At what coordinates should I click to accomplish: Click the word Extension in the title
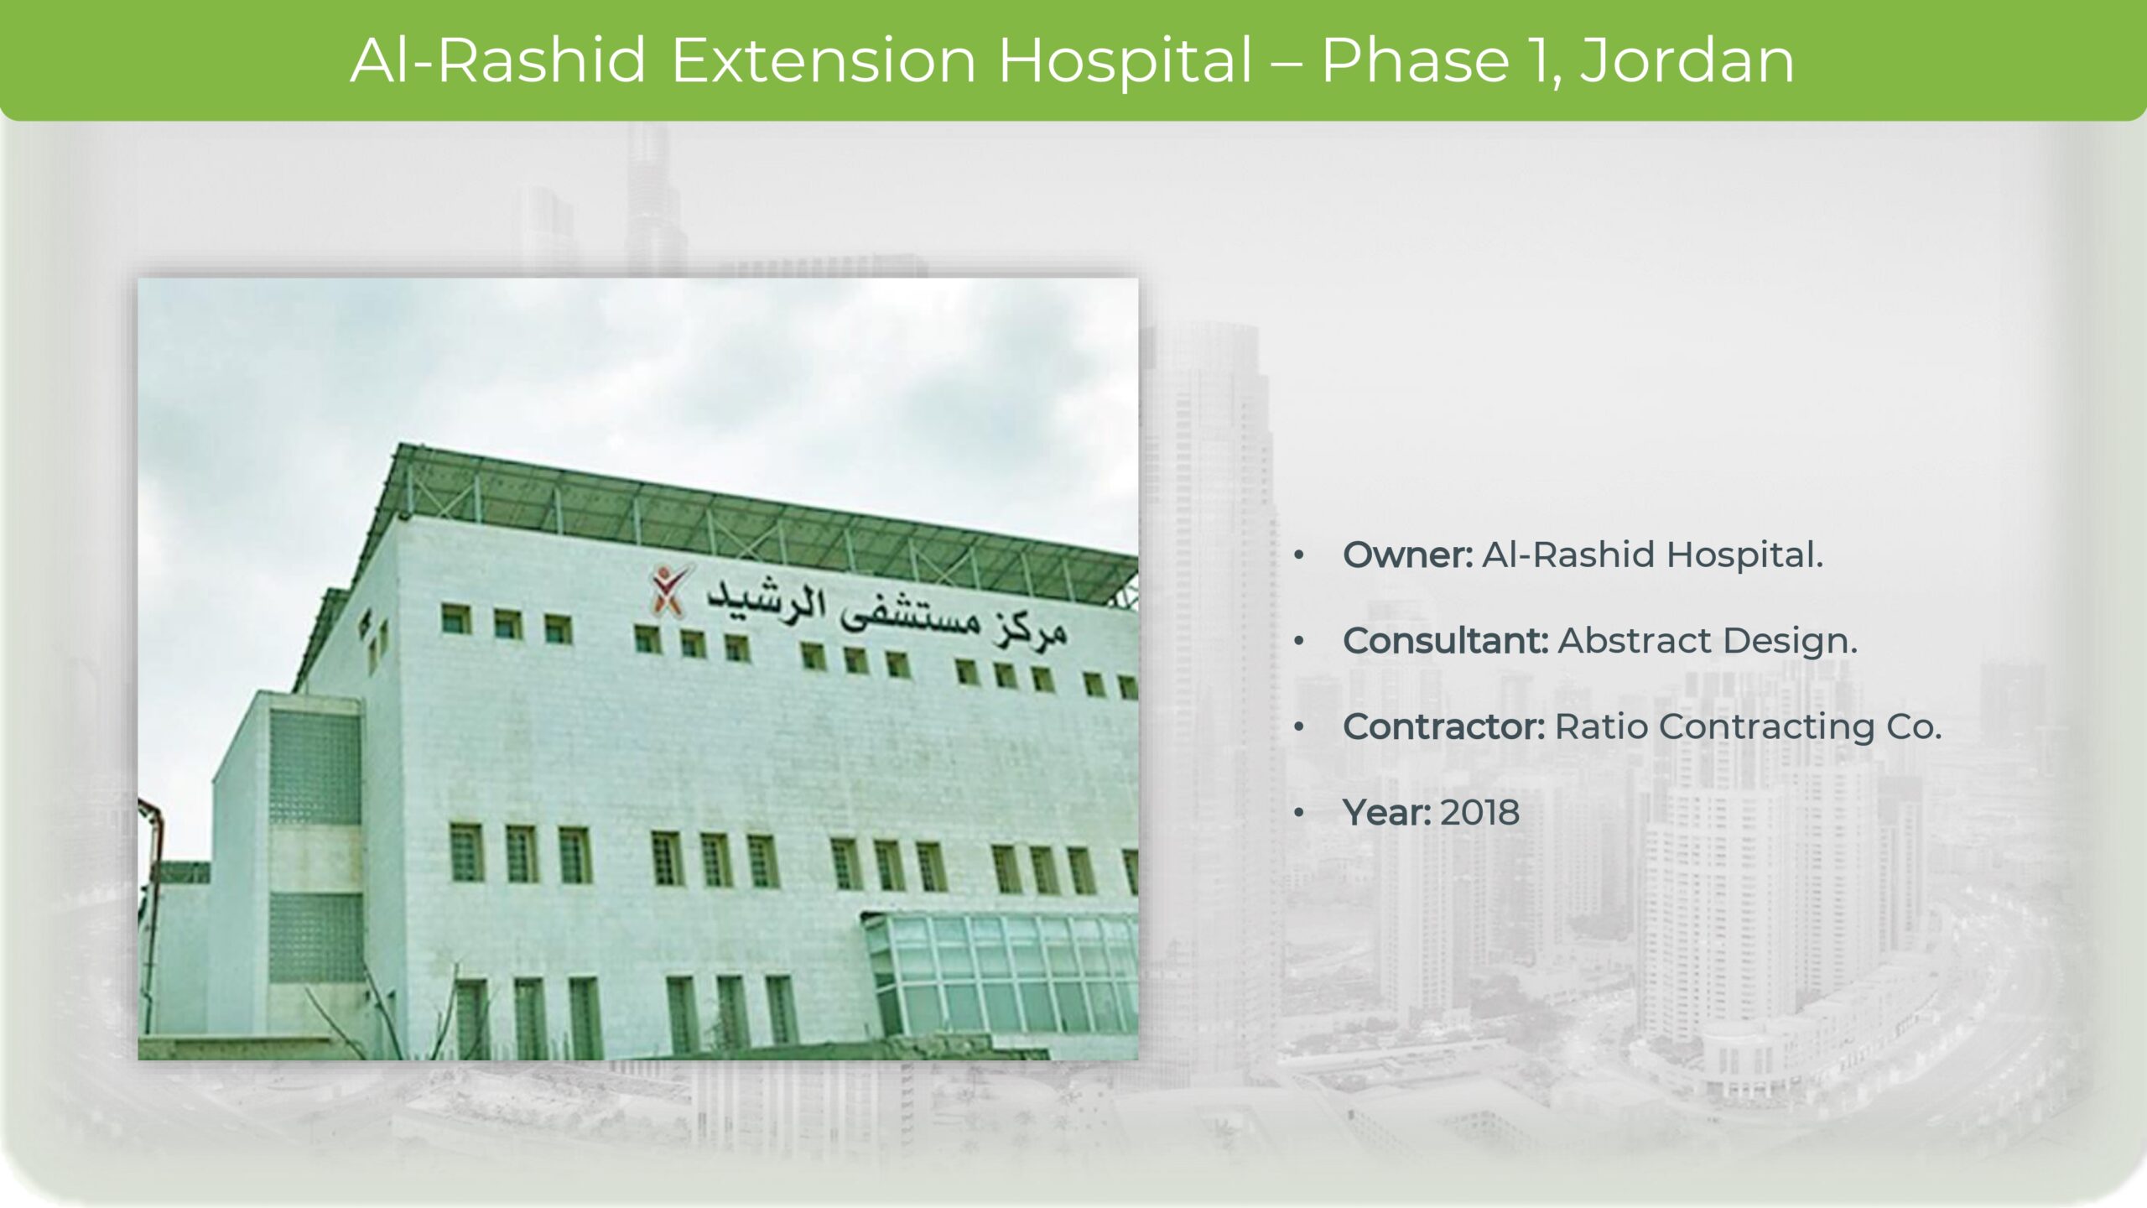pyautogui.click(x=824, y=60)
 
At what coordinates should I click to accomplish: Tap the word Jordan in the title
pyautogui.click(x=1687, y=60)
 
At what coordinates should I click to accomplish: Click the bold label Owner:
pyautogui.click(x=1408, y=555)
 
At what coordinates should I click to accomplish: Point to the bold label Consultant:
pyautogui.click(x=1446, y=641)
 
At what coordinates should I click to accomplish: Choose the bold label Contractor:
pyautogui.click(x=1444, y=726)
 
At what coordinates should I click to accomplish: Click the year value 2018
pyautogui.click(x=1480, y=813)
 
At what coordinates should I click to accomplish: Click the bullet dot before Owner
pyautogui.click(x=1299, y=555)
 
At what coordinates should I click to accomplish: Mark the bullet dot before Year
pyautogui.click(x=1299, y=813)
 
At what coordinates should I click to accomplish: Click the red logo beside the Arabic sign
pyautogui.click(x=672, y=587)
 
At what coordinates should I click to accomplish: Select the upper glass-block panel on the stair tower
pyautogui.click(x=315, y=767)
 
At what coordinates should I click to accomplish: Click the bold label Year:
pyautogui.click(x=1387, y=813)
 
